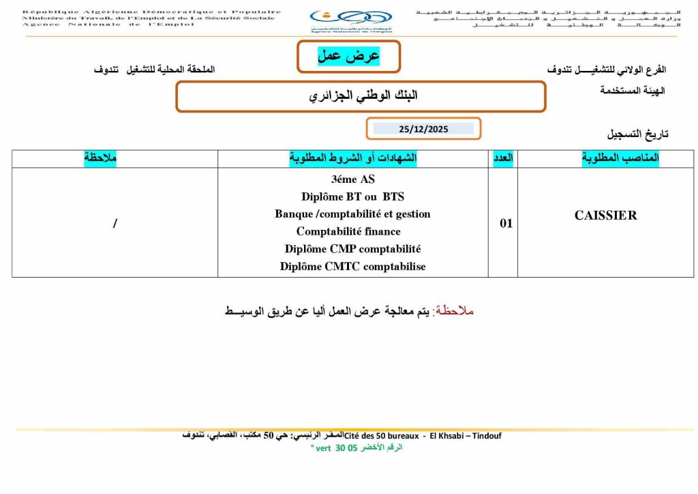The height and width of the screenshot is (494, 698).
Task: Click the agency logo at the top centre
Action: (x=350, y=20)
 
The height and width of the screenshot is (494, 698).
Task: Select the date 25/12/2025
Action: (x=423, y=129)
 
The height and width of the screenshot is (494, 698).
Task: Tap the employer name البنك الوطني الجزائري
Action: (x=362, y=96)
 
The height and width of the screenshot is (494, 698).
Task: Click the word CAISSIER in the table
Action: (x=605, y=216)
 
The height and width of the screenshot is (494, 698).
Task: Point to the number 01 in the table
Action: (x=506, y=223)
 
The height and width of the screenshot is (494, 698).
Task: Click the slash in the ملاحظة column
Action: (x=115, y=223)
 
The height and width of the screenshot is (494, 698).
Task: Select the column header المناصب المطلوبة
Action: (x=620, y=158)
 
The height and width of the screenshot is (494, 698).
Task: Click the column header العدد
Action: (x=503, y=158)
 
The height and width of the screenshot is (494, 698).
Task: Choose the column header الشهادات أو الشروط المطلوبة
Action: (x=352, y=158)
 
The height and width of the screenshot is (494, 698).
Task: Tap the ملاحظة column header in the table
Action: (x=100, y=158)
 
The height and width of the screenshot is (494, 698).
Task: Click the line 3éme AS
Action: (x=352, y=179)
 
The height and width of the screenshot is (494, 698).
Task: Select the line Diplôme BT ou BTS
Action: (x=352, y=197)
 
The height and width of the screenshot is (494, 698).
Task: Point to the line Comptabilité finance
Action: (x=348, y=231)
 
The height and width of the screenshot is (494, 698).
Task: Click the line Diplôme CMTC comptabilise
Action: (x=352, y=266)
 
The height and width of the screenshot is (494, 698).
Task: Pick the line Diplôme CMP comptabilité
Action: (x=352, y=249)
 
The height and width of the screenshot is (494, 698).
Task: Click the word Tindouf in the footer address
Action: (x=483, y=435)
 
